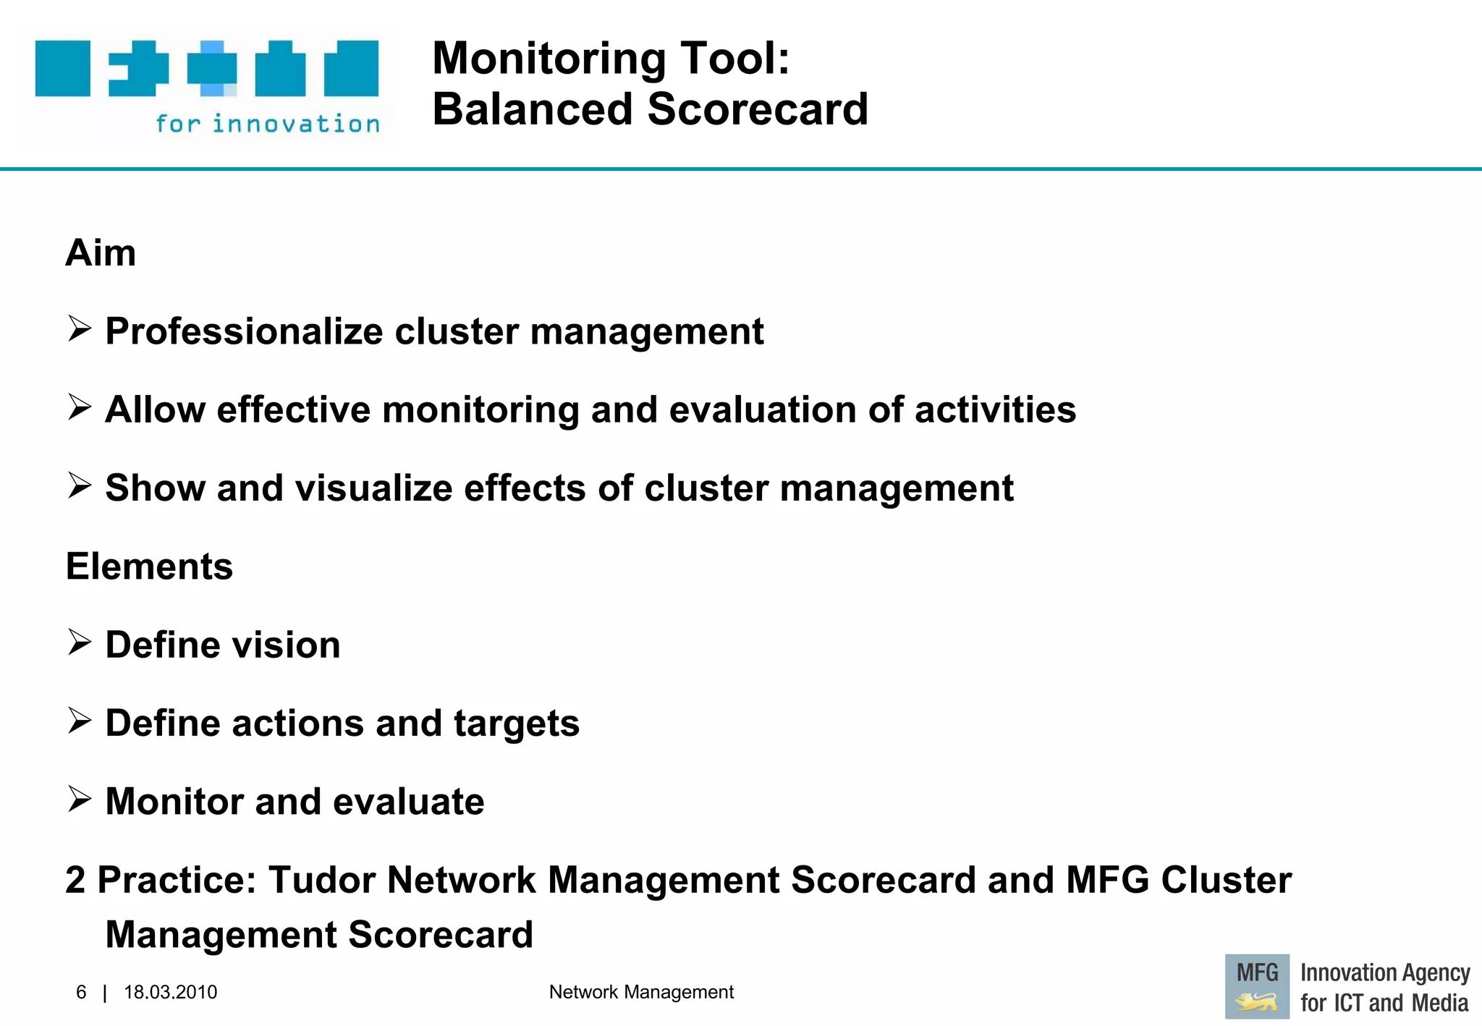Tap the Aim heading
tap(101, 253)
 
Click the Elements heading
tap(149, 567)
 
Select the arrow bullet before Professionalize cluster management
tap(79, 329)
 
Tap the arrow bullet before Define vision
tap(79, 643)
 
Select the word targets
tap(516, 724)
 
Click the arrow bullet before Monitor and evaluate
tap(79, 800)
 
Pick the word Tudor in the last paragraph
tap(322, 881)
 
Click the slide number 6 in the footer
tap(81, 992)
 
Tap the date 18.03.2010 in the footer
tap(170, 992)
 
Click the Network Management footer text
tap(641, 992)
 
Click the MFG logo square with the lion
tap(1257, 986)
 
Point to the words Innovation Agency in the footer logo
tap(1384, 973)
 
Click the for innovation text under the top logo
tap(268, 124)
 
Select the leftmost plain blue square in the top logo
tap(63, 69)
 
